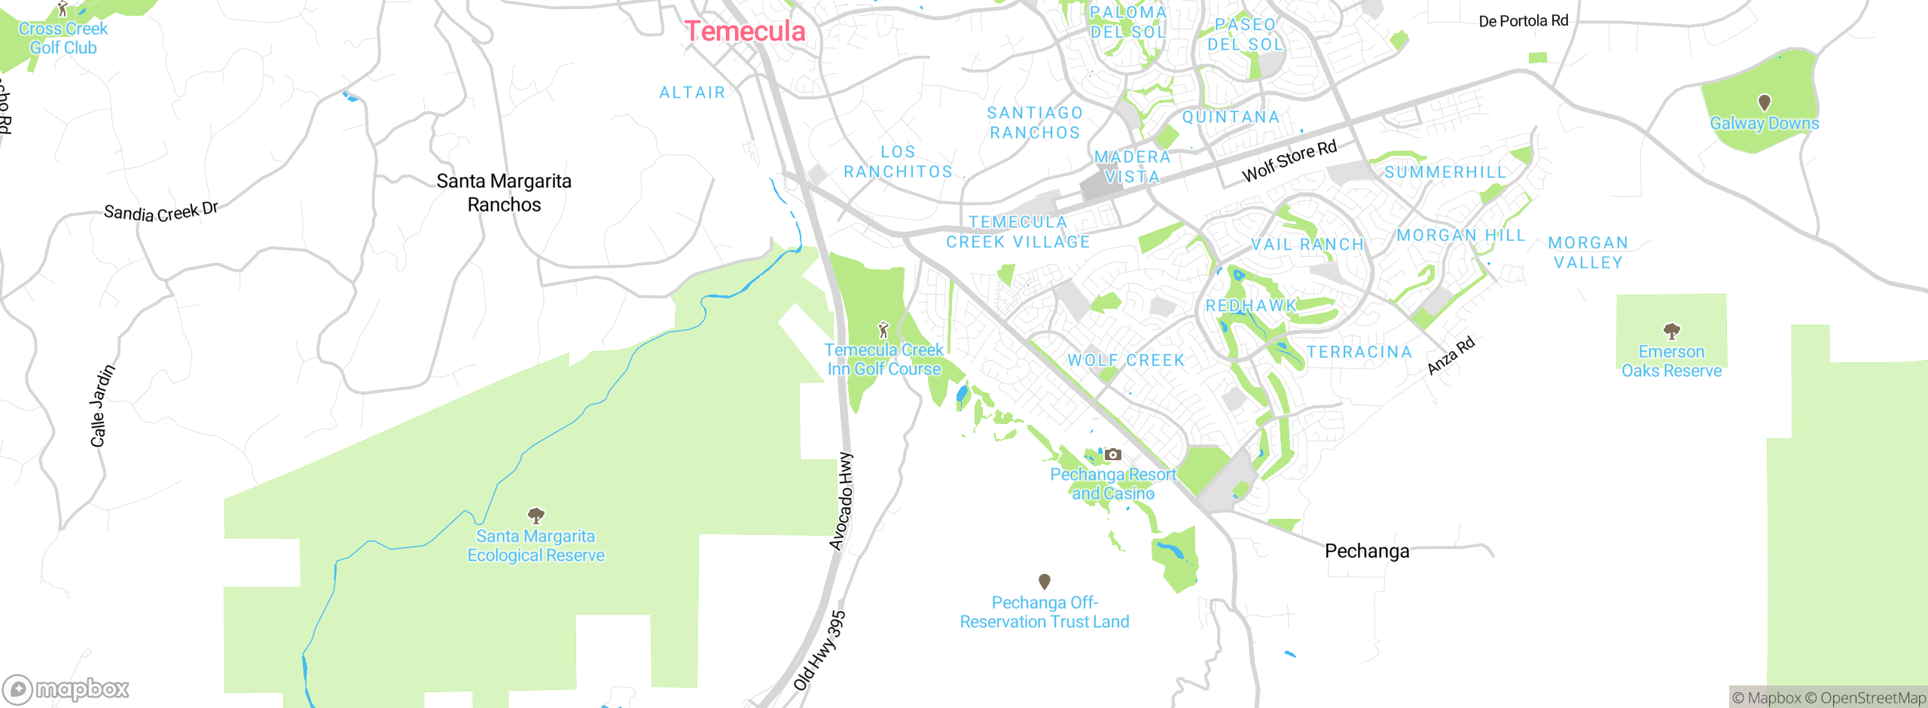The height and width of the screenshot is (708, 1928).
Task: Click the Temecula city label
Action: click(745, 32)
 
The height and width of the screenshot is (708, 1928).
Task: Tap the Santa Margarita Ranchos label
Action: click(504, 193)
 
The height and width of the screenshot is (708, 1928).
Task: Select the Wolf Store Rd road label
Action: click(1289, 161)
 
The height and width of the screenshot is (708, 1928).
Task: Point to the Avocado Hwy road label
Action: click(842, 502)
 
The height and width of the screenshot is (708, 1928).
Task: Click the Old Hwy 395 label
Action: click(820, 651)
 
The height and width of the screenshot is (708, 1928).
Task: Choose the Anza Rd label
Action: click(1451, 356)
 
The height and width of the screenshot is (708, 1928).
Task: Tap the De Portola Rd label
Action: click(1523, 21)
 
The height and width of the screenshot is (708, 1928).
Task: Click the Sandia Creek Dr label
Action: click(160, 212)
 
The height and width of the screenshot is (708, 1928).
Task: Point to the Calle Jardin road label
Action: click(102, 406)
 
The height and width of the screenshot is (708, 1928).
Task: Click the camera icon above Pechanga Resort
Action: click(1112, 454)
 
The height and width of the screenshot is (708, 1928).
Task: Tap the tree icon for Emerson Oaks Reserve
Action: click(1671, 331)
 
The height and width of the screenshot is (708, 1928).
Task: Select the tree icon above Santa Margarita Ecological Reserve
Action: click(535, 516)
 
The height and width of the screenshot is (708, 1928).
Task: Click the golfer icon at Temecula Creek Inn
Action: click(883, 330)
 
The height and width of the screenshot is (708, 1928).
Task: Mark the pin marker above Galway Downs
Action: click(1764, 102)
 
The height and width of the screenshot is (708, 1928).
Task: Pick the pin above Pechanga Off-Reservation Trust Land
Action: click(1044, 581)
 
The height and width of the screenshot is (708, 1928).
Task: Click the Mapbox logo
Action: click(66, 688)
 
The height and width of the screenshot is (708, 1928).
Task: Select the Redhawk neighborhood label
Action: click(1251, 306)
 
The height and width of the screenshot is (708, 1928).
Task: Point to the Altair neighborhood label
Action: click(692, 93)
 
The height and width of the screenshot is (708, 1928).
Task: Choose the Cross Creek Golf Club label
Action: click(63, 38)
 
